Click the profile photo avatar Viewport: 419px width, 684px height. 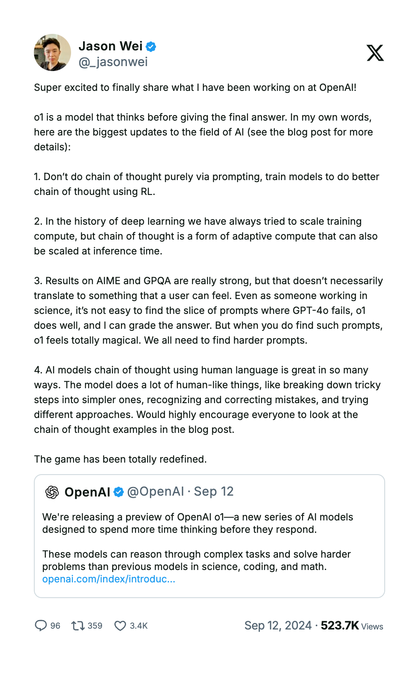coord(52,52)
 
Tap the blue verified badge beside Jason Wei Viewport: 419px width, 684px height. coord(151,47)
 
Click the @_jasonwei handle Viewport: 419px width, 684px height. coord(113,62)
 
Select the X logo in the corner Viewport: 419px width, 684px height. coord(375,53)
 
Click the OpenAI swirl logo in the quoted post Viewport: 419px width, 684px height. coord(52,492)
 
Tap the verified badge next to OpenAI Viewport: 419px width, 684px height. coord(119,492)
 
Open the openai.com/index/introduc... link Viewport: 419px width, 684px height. coord(109,579)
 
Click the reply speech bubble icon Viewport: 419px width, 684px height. coord(40,626)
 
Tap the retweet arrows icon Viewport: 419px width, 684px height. coord(78,626)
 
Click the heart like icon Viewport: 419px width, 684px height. coord(120,626)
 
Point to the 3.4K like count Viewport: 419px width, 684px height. coord(139,626)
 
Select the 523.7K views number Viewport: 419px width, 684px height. coord(340,626)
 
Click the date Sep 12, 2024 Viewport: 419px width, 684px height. coord(278,626)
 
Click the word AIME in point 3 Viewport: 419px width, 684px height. coord(108,281)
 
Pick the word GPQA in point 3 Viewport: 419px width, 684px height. coord(157,281)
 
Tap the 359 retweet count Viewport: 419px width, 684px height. coord(95,626)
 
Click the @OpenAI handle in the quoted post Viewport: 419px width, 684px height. coord(155,492)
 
